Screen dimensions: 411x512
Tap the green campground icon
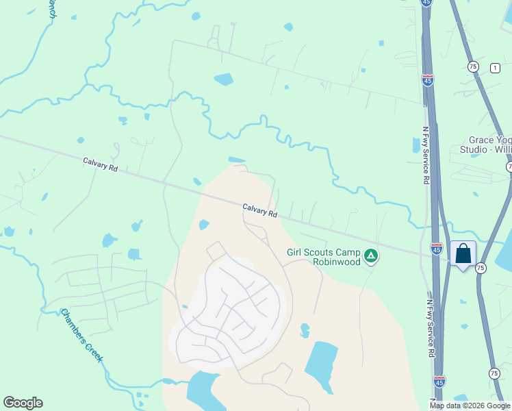coord(370,256)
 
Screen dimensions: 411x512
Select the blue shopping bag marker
coord(463,254)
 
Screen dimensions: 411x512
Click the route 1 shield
coord(494,66)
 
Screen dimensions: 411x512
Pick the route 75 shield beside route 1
coord(473,66)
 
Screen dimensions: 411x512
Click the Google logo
coord(23,403)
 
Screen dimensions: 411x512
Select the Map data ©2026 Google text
coord(470,406)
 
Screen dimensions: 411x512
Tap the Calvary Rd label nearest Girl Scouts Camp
coord(260,210)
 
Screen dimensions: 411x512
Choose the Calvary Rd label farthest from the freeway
coord(101,164)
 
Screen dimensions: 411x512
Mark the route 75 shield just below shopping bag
coord(481,269)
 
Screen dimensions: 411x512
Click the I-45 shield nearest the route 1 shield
coord(428,80)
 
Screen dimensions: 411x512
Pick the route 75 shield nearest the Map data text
coord(494,373)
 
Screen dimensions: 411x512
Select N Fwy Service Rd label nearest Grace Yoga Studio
coord(424,154)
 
